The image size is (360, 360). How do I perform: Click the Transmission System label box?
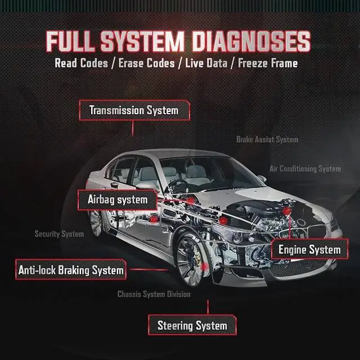coord(134,110)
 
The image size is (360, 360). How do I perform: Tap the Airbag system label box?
coord(118,200)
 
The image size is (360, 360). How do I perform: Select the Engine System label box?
coord(309,249)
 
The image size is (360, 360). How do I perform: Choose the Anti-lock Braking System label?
coord(71,270)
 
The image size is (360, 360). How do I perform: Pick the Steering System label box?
coord(192,325)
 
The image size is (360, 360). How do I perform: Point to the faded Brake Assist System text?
coord(267,139)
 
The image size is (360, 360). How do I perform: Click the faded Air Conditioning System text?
coord(305,169)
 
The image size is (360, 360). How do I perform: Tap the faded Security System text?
coord(59,234)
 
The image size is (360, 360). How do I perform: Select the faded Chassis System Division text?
coord(154,294)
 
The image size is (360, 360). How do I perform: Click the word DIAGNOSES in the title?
coord(251,41)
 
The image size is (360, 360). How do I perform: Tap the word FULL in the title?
coord(71,41)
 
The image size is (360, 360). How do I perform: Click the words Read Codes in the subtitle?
coord(81,63)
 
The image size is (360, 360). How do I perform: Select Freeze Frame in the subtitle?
coord(268,63)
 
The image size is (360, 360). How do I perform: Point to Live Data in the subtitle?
coord(206,63)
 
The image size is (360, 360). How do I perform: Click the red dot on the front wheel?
coord(204,267)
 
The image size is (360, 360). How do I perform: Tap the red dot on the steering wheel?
coord(190,200)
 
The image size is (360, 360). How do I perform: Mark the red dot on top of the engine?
coord(287,210)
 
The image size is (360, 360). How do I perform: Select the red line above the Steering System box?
coord(208,307)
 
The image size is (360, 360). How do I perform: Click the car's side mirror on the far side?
coord(262,178)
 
